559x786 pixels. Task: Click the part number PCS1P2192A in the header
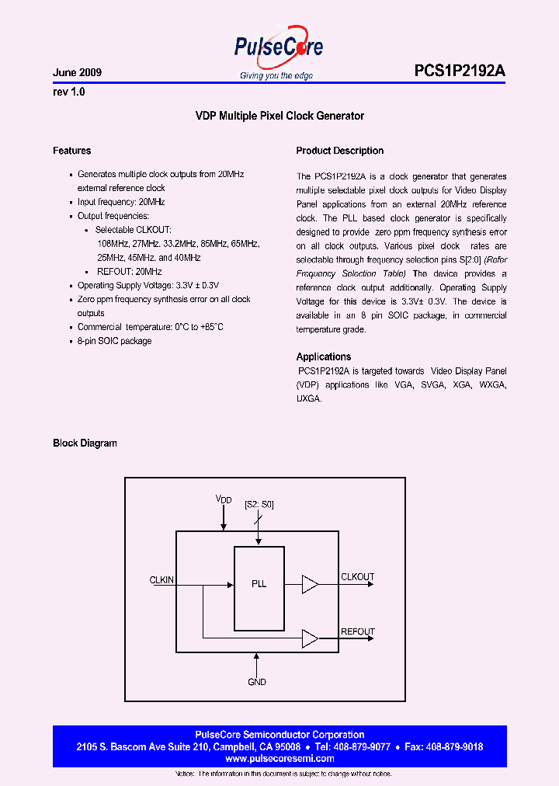click(460, 71)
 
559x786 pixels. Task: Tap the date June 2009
click(77, 73)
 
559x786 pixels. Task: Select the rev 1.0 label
click(68, 92)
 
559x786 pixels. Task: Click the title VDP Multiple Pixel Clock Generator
click(279, 116)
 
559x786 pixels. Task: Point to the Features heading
click(71, 151)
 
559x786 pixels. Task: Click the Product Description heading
click(340, 151)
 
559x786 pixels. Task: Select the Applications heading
click(324, 356)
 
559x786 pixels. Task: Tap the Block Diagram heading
click(85, 443)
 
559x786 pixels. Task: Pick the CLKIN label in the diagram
click(161, 579)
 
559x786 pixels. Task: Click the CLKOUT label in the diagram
click(358, 577)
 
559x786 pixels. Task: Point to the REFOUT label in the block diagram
click(358, 631)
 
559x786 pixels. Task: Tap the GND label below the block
click(257, 682)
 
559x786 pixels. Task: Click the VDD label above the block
click(224, 499)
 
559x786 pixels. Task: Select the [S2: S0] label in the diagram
click(259, 505)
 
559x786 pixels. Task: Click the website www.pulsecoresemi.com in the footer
click(279, 758)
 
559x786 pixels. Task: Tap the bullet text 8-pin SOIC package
click(114, 341)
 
